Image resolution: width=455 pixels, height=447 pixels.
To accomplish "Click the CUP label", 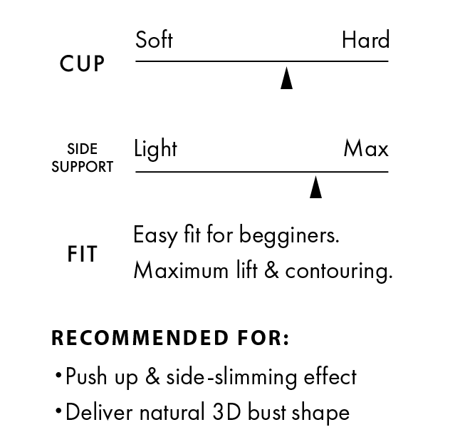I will click(82, 64).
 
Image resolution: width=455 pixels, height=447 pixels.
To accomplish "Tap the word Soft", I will click(154, 39).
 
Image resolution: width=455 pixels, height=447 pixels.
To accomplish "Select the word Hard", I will click(365, 39).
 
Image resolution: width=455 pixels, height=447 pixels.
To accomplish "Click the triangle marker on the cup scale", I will click(286, 78).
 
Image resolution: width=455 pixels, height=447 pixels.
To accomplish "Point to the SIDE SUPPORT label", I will click(82, 158).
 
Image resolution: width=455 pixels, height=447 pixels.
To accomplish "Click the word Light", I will click(156, 149).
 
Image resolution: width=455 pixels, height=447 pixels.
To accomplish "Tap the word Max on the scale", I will click(366, 149).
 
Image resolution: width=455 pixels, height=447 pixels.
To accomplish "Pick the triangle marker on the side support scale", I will click(315, 188).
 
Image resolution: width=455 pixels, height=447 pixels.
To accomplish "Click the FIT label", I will click(83, 255).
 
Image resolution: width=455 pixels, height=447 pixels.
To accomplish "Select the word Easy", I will click(155, 235).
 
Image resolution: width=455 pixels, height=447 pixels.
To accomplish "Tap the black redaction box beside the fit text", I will click(322, 253).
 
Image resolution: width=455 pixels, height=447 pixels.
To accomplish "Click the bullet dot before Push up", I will click(57, 376).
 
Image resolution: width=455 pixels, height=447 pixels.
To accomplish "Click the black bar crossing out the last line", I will click(206, 418).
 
